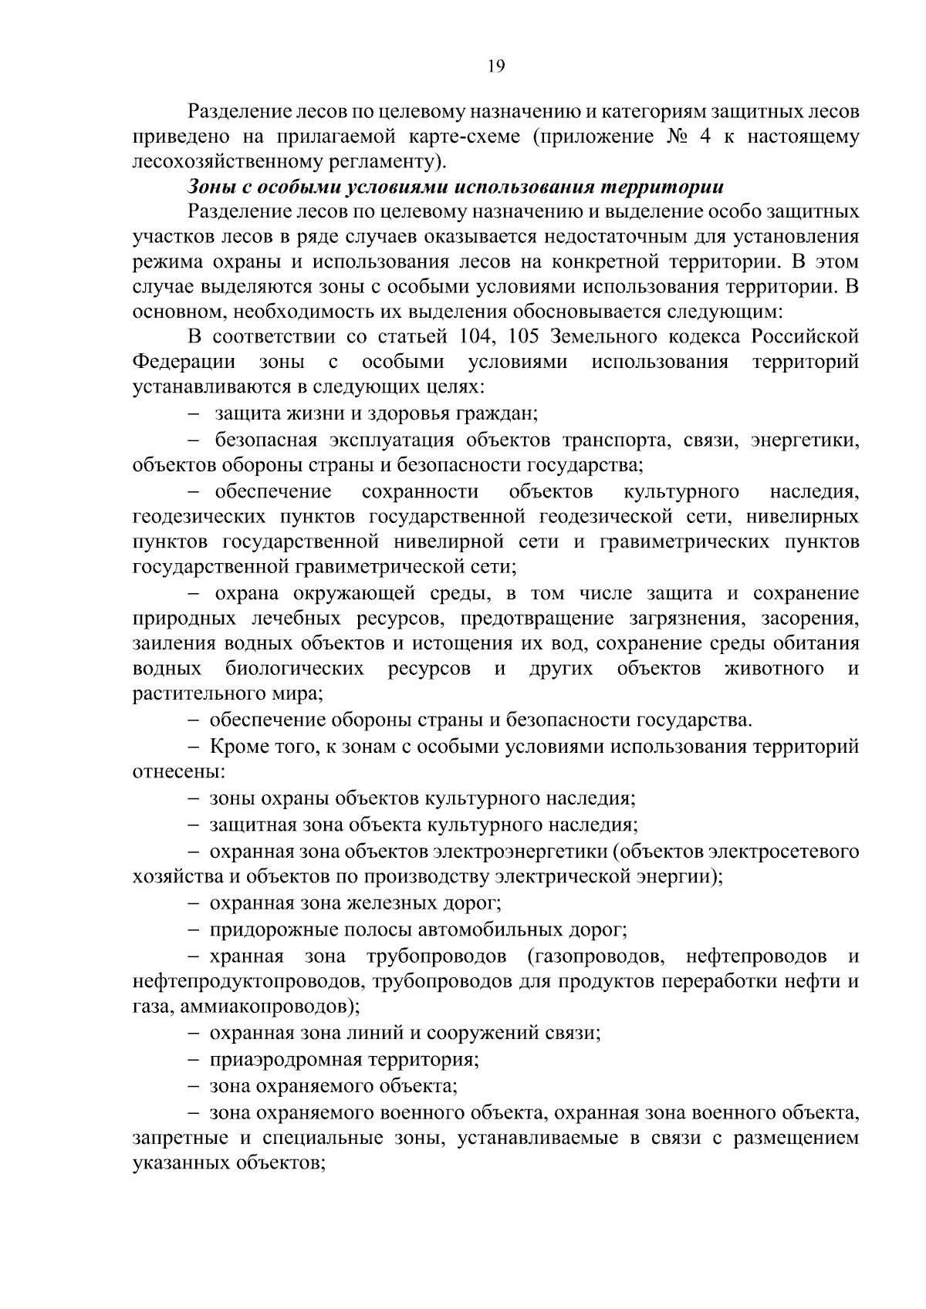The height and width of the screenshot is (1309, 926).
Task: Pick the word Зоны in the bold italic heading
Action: [x=210, y=187]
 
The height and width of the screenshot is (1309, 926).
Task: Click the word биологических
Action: [x=295, y=668]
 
